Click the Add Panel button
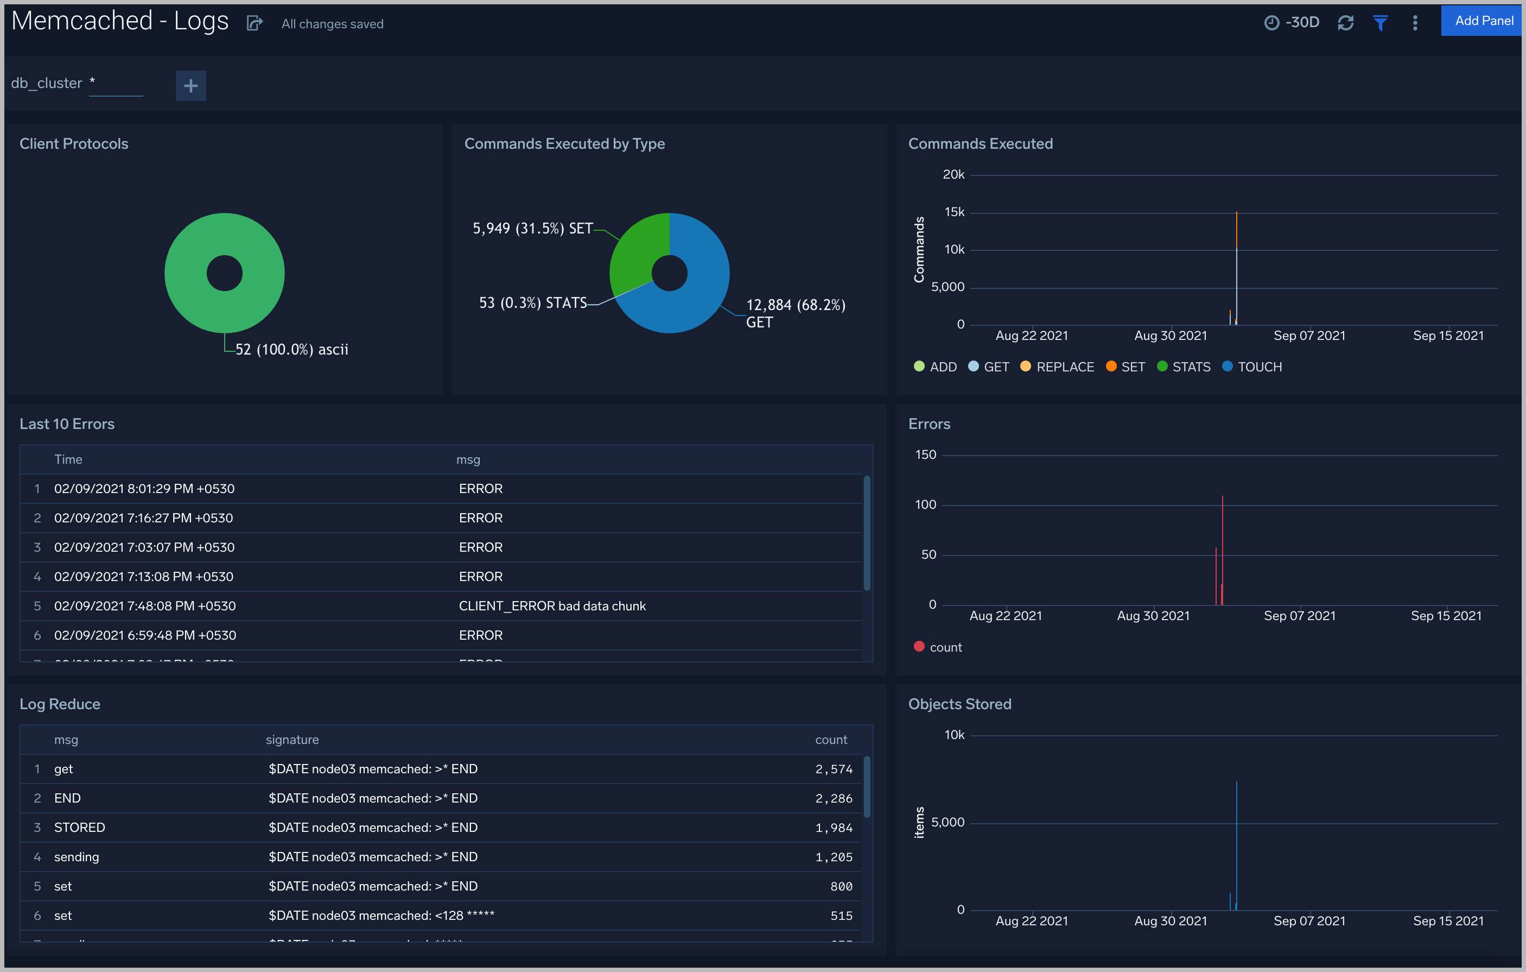(x=1483, y=21)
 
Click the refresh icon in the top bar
(x=1345, y=23)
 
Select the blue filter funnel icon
(x=1380, y=23)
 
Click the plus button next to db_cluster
(x=191, y=86)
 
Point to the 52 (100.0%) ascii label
(x=291, y=349)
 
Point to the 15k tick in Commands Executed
(x=954, y=212)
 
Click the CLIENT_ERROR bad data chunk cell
(x=552, y=606)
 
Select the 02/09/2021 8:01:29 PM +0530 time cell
(x=144, y=489)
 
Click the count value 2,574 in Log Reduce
(x=834, y=769)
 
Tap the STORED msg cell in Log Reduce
(x=79, y=828)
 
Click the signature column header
(x=292, y=740)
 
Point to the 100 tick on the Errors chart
(x=925, y=504)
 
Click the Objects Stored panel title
(x=959, y=704)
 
